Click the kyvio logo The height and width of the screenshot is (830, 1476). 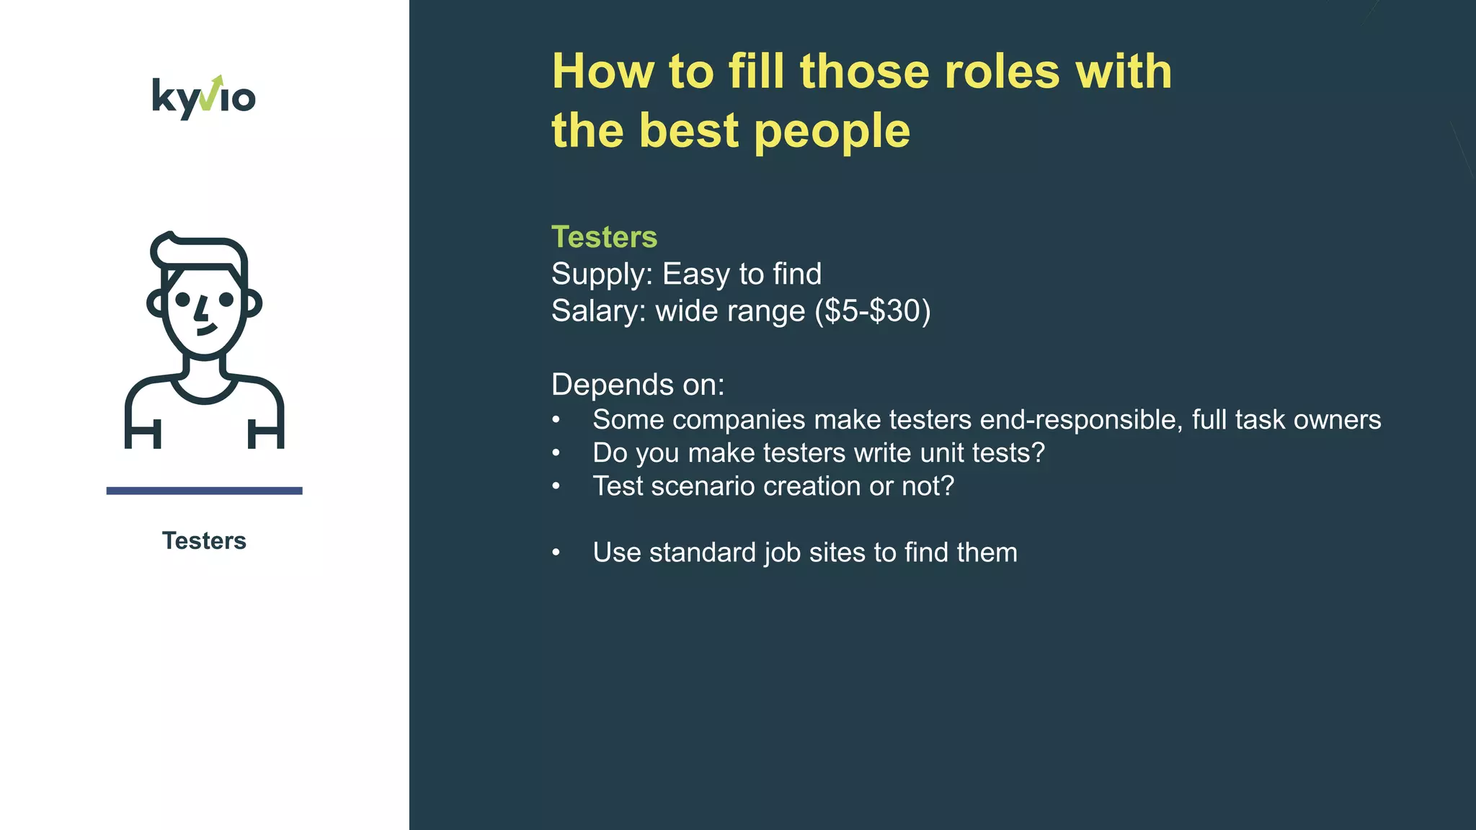204,97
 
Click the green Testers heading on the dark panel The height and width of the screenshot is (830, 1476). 604,237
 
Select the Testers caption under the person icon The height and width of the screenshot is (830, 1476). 204,540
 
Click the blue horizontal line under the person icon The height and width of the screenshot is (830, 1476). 204,491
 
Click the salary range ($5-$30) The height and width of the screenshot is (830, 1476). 872,311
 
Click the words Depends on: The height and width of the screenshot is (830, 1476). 638,385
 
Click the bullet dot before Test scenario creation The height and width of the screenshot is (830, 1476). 556,486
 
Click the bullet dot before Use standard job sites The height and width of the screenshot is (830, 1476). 556,553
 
